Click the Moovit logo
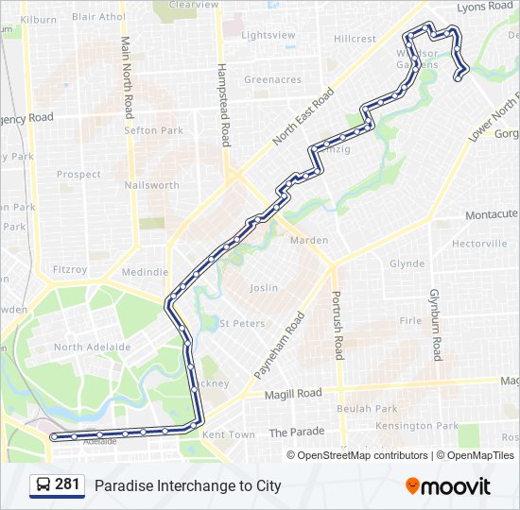[448, 486]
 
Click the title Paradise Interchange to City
[187, 486]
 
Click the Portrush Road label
[337, 325]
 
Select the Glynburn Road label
[436, 325]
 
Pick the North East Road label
[303, 117]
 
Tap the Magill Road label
[293, 394]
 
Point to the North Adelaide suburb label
[92, 348]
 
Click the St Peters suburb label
[242, 323]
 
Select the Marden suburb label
[309, 241]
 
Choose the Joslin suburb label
[264, 287]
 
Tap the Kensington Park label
[404, 425]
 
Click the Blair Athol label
[97, 16]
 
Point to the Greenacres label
[273, 80]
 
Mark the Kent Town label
[229, 434]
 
